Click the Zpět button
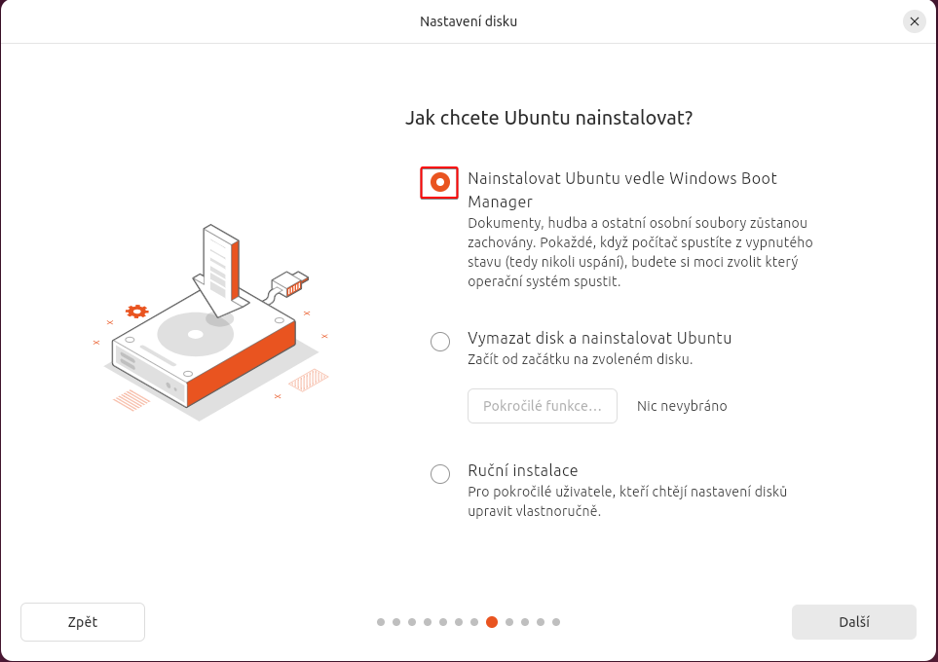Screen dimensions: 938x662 point(83,622)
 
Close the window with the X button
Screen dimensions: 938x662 point(914,21)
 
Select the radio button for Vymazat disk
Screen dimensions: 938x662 point(440,342)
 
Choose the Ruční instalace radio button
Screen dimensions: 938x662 point(440,474)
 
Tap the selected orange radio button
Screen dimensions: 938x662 point(439,182)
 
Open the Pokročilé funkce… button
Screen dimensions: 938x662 point(542,406)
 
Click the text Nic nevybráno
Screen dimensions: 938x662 point(682,406)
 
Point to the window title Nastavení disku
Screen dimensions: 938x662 point(469,21)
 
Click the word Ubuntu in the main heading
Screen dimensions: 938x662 point(538,118)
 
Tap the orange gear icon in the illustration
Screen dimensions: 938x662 point(136,311)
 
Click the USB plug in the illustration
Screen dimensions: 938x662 point(290,283)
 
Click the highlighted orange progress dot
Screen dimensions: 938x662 point(492,622)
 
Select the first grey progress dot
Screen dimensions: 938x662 point(381,622)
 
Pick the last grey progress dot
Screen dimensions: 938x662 point(556,622)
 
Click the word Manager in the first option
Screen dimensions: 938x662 point(500,202)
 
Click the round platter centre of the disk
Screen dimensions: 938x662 point(196,334)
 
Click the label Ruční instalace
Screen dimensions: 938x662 point(523,470)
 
